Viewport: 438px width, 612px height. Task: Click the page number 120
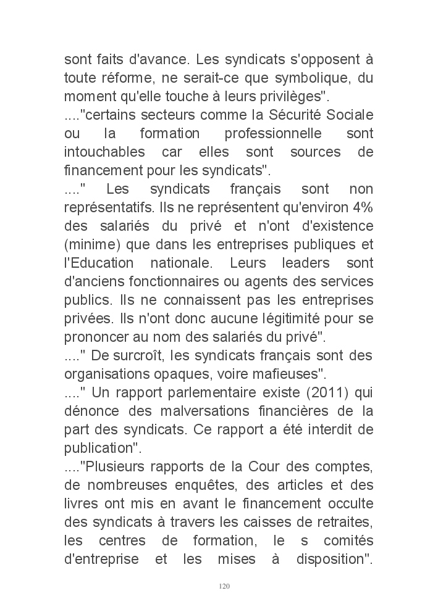224,585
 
